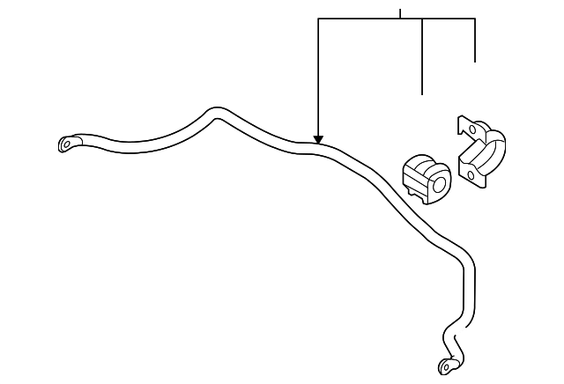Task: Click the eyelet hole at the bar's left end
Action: (x=67, y=144)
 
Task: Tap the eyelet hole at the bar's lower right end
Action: (x=446, y=366)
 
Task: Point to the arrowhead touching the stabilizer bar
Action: (x=318, y=139)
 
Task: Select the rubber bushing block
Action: (x=427, y=176)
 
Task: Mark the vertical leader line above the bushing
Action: (x=423, y=57)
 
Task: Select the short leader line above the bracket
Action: (x=476, y=41)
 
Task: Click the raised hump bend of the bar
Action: (x=214, y=113)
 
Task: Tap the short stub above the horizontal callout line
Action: (x=400, y=13)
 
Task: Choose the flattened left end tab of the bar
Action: (x=70, y=143)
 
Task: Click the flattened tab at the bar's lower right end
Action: (x=449, y=363)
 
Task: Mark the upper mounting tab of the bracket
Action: (x=466, y=126)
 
